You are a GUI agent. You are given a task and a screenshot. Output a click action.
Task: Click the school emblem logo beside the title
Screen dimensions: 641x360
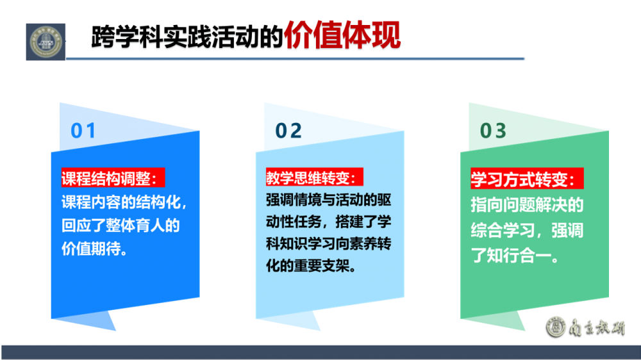click(46, 42)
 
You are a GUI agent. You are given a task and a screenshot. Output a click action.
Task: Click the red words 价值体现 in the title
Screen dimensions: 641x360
click(342, 35)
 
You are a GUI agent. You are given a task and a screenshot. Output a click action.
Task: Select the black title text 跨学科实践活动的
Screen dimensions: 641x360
click(187, 37)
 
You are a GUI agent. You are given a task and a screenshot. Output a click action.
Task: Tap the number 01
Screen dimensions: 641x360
click(83, 131)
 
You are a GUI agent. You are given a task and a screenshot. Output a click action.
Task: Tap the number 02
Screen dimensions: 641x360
click(288, 131)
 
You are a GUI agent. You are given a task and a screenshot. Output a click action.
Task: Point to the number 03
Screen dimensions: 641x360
click(493, 131)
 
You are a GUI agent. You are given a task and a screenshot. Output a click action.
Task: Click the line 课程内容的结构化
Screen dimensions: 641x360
click(124, 202)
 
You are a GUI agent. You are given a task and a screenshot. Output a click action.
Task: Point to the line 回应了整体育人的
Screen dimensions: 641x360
click(121, 225)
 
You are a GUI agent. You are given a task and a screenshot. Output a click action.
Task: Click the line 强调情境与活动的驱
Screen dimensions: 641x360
click(329, 200)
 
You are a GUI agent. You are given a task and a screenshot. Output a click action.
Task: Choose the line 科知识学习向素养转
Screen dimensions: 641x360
click(329, 244)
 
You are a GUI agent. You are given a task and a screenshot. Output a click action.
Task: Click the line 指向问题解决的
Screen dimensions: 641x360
click(527, 205)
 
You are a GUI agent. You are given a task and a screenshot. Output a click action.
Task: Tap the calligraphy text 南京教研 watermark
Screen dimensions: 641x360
click(596, 327)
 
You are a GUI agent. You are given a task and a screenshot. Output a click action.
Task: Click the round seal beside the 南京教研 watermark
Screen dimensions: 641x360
click(556, 327)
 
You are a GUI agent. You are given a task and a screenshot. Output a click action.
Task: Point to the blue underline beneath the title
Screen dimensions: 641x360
click(295, 58)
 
